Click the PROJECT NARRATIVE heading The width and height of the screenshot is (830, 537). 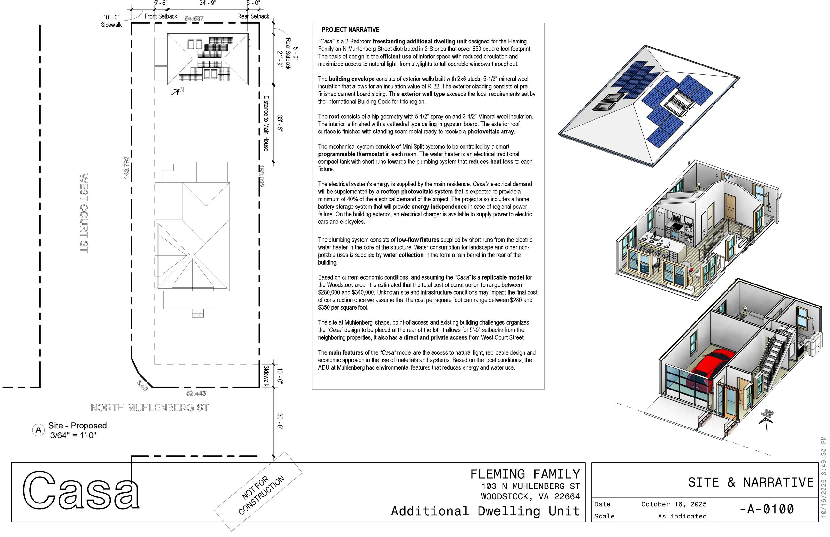click(x=350, y=30)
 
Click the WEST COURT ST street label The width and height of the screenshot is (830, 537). click(x=84, y=213)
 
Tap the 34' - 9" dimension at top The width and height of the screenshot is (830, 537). click(x=207, y=3)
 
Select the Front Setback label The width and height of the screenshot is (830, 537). click(x=161, y=16)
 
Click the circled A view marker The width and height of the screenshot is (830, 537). click(x=38, y=430)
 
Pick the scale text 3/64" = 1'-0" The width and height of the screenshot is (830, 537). click(x=73, y=435)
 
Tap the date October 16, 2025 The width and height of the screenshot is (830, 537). click(x=674, y=504)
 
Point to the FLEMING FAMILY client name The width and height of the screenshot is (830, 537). click(x=525, y=474)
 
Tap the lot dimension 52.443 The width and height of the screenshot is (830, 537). click(x=196, y=393)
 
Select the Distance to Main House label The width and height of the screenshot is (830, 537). click(x=266, y=124)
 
